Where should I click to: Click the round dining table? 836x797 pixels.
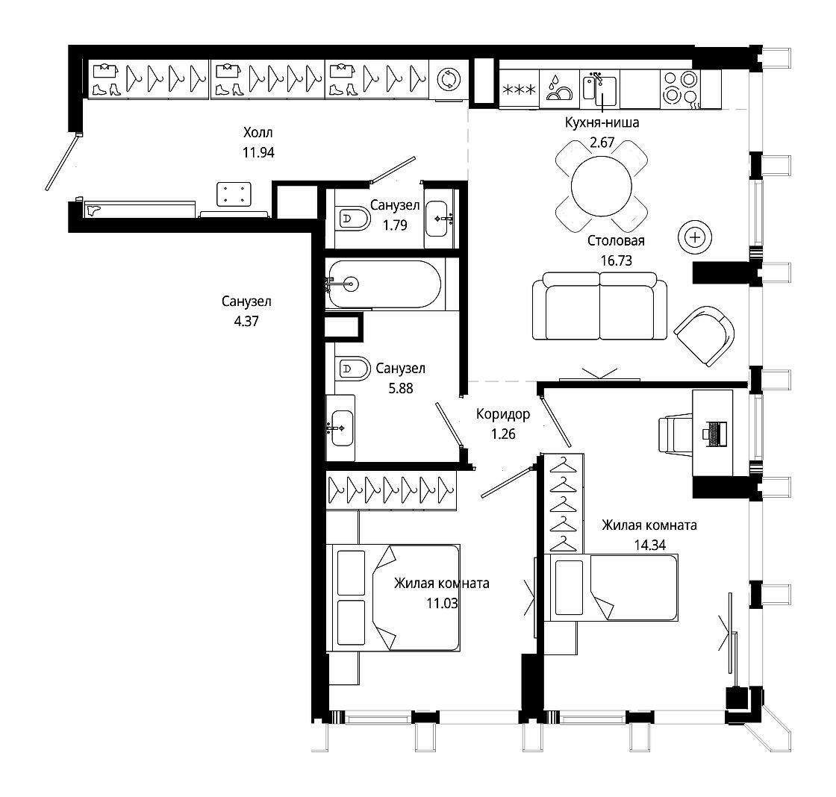coord(602,186)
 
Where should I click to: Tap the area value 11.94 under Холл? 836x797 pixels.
coord(258,152)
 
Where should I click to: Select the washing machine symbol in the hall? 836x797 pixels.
coord(449,79)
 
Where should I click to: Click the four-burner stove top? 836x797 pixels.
coord(681,88)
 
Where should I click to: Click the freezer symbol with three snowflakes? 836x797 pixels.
coord(520,90)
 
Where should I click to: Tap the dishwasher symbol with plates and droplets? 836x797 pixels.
coord(560,88)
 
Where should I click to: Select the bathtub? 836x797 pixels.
coord(384,284)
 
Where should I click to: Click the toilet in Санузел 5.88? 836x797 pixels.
coord(352,368)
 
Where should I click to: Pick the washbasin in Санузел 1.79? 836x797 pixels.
coord(440,218)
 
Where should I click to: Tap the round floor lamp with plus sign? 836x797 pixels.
coord(695,237)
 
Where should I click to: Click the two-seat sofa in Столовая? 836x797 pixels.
coord(600,306)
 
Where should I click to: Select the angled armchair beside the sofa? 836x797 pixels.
coord(705,336)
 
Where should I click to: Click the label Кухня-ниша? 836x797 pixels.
coord(602,122)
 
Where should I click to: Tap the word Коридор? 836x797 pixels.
coord(503,414)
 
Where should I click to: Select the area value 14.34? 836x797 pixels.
coord(650,546)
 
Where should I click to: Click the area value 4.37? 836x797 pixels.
coord(246,322)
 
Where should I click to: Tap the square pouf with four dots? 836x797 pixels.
coord(234,194)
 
